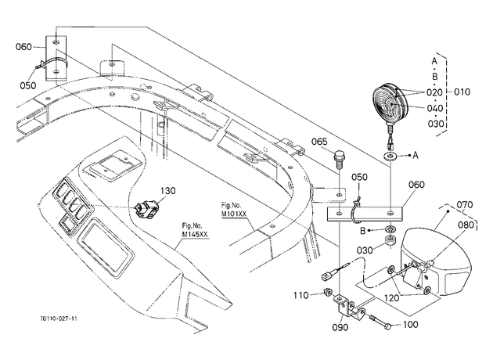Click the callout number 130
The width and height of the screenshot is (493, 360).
click(x=168, y=191)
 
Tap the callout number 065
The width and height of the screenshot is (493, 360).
click(x=319, y=142)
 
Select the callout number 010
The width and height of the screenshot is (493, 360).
click(x=462, y=92)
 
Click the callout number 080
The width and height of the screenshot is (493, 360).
click(x=466, y=225)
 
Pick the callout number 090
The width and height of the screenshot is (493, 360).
click(x=340, y=327)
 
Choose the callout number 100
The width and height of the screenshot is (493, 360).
click(x=410, y=324)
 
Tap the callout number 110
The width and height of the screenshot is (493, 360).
click(x=301, y=296)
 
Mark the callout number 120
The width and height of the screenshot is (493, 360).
click(x=392, y=297)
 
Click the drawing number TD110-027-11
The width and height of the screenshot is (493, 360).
click(x=59, y=319)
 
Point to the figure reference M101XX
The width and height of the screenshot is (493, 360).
click(x=234, y=214)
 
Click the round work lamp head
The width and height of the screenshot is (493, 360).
click(x=390, y=103)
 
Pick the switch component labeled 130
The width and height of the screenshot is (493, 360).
click(x=146, y=209)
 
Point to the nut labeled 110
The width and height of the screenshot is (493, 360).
click(x=327, y=292)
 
